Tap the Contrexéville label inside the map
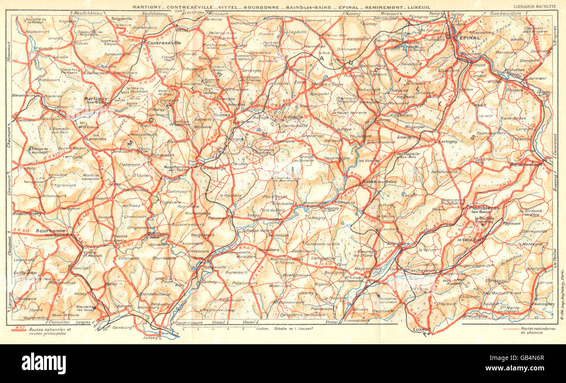tap(164, 44)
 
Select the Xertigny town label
tap(448, 142)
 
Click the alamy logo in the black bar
tap(44, 363)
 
